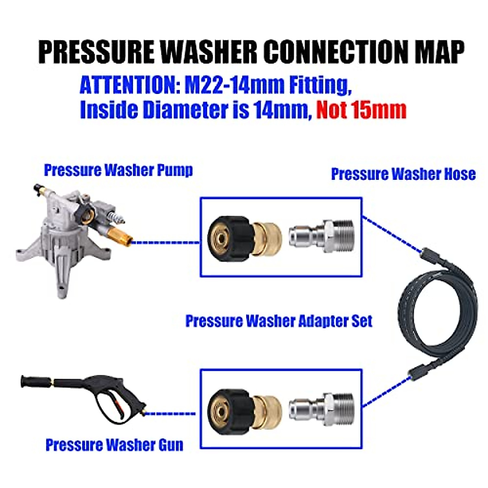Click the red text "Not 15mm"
[361, 110]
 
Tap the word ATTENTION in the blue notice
[129, 86]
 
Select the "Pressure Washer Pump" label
[118, 170]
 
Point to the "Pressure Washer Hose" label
[403, 174]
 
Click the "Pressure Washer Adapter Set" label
[279, 321]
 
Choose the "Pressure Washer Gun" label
[114, 445]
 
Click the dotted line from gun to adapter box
[171, 414]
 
